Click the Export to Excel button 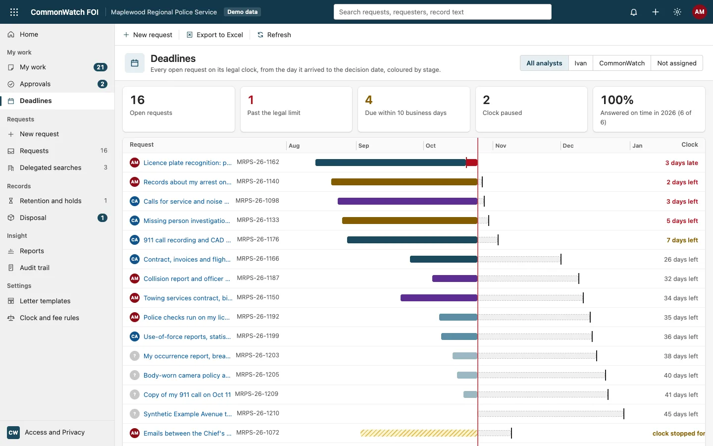tap(215, 35)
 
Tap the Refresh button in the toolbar tap(274, 35)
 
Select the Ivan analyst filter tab tap(580, 63)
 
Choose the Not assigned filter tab tap(677, 63)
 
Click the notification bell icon tap(633, 12)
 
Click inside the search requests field tap(443, 12)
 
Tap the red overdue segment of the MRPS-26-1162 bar tap(472, 163)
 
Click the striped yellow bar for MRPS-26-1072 tap(419, 433)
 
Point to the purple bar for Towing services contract tap(439, 298)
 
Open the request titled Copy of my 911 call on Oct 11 tap(187, 394)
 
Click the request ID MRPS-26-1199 tap(258, 336)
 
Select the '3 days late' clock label tap(681, 163)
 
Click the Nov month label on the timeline tap(501, 146)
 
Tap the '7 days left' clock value tap(682, 240)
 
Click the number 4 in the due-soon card tap(368, 100)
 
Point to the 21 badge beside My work tap(100, 67)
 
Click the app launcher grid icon tap(14, 12)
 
